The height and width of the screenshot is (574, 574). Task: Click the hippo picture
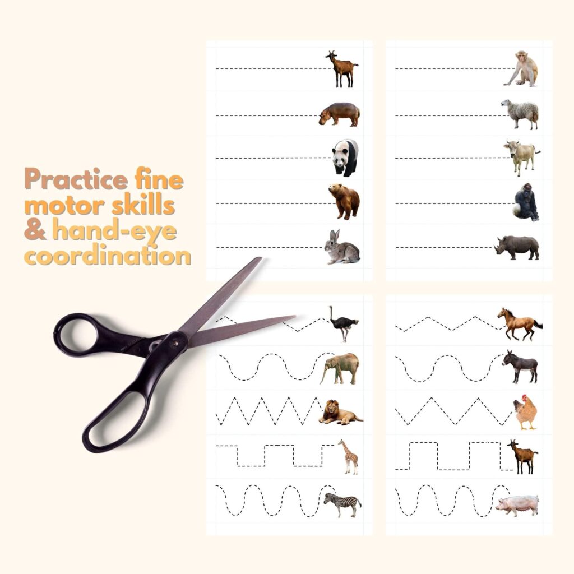click(340, 114)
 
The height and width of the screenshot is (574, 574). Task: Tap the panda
click(345, 158)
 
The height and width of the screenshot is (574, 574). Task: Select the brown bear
click(344, 201)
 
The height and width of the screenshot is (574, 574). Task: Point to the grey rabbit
click(342, 248)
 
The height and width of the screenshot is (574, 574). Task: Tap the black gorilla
click(525, 202)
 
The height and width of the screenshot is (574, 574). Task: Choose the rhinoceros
click(517, 247)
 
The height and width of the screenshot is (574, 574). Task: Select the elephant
click(340, 368)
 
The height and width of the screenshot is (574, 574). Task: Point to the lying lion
click(340, 414)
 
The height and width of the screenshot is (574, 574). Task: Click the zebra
click(341, 503)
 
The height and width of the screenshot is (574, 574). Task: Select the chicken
click(525, 414)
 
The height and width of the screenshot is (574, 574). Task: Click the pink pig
click(517, 505)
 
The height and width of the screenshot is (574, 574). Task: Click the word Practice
click(76, 180)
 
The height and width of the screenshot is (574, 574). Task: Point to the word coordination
click(109, 256)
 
